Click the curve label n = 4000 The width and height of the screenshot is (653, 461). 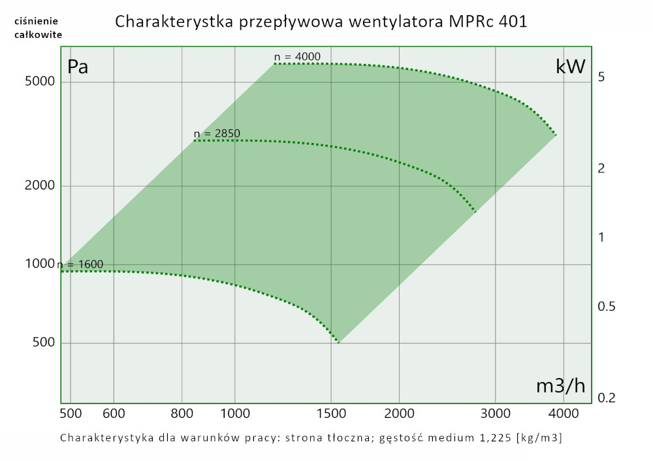click(297, 57)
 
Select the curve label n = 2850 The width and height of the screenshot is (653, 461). click(217, 134)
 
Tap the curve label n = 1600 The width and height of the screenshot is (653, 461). click(80, 264)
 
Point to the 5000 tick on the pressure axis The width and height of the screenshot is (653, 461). click(40, 82)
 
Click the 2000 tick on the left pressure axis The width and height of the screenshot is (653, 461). click(40, 186)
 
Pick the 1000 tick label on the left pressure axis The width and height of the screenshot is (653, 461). click(40, 264)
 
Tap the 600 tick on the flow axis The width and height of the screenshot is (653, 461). click(114, 413)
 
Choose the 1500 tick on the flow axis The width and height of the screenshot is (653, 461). click(331, 413)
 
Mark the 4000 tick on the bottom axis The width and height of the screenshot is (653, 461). click(563, 413)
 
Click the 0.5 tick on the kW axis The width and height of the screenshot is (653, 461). click(607, 307)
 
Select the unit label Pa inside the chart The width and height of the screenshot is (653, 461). click(78, 67)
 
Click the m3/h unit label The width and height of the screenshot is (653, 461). click(560, 386)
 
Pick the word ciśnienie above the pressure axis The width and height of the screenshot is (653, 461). click(38, 22)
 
